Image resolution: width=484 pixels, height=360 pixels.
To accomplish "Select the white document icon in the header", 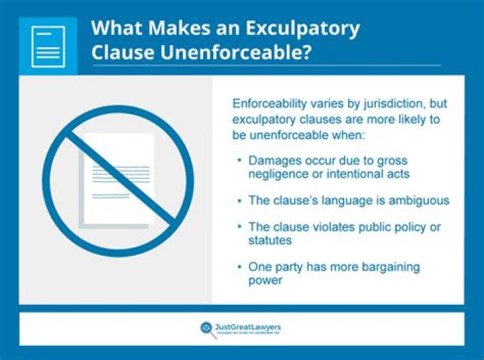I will [x=48, y=46].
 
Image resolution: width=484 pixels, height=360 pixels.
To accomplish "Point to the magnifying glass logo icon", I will [x=206, y=328].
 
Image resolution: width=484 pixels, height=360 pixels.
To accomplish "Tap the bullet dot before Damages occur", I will [x=239, y=161].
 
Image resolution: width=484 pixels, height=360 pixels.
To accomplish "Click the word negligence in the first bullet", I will [x=277, y=174].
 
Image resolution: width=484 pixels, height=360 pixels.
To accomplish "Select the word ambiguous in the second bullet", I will [x=415, y=201].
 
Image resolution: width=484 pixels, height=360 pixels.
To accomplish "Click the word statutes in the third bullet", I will [x=270, y=240].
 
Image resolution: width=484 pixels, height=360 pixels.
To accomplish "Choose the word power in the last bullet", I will [x=265, y=279].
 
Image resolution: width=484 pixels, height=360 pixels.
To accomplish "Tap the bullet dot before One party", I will [x=239, y=267].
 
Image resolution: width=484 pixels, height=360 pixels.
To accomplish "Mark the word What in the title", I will [x=115, y=29].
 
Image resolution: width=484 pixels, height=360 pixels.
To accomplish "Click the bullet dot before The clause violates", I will [x=239, y=227].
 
